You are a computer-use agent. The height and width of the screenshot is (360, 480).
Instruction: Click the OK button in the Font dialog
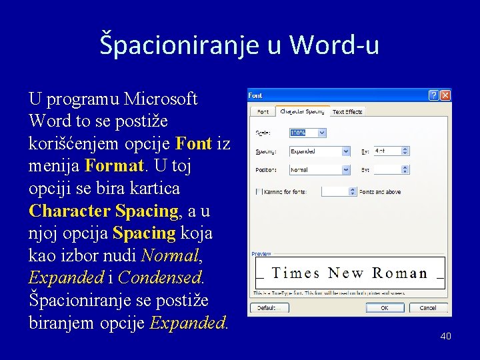(384, 308)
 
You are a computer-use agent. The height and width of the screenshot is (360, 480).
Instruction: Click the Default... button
(268, 308)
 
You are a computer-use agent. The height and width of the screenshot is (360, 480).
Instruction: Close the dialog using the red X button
(445, 95)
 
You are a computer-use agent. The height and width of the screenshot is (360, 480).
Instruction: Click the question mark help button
(434, 95)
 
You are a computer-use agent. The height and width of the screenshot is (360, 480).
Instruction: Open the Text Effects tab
(347, 112)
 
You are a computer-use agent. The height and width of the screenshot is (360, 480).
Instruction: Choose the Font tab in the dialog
(263, 112)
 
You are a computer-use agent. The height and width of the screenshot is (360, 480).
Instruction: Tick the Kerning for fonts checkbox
(259, 191)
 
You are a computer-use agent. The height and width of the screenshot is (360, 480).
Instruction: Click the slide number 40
(445, 336)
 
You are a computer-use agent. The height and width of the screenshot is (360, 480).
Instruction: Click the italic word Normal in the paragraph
(170, 255)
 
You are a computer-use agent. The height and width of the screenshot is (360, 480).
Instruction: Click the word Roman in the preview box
(399, 273)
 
